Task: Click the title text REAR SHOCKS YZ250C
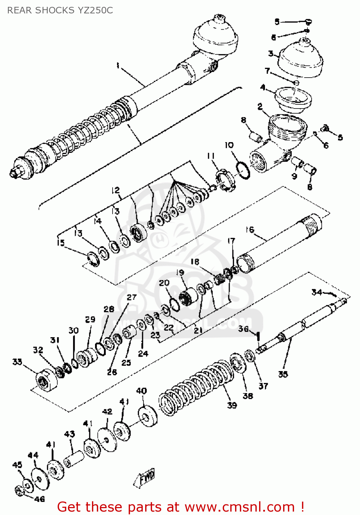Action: click(60, 10)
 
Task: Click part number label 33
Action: click(17, 362)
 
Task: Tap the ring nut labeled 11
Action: click(225, 180)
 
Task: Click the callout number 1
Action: click(118, 65)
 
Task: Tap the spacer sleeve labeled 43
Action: click(74, 459)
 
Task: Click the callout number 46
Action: click(39, 499)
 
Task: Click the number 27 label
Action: click(131, 297)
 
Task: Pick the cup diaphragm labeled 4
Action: click(293, 100)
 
